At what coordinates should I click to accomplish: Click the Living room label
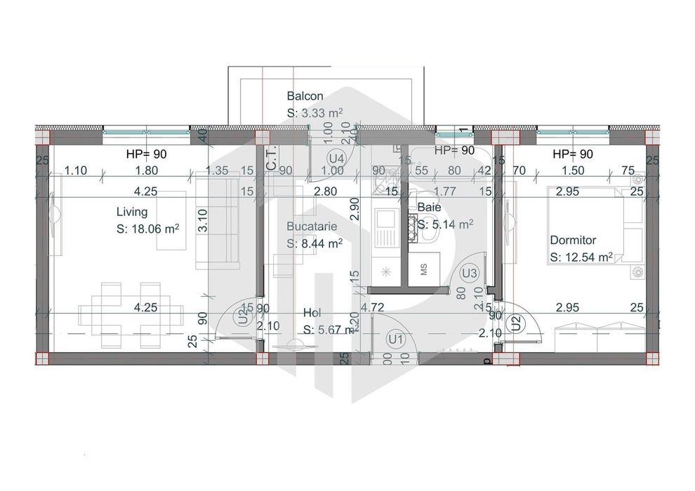[132, 211]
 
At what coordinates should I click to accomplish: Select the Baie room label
[429, 208]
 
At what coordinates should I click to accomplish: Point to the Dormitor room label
[573, 240]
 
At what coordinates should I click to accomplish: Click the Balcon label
[305, 96]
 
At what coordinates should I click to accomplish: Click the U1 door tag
[396, 339]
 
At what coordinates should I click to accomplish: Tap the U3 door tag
[470, 273]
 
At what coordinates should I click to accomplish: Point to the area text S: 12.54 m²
[582, 257]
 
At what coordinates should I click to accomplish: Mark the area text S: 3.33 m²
[315, 113]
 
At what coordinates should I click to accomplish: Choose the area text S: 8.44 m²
[315, 243]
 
